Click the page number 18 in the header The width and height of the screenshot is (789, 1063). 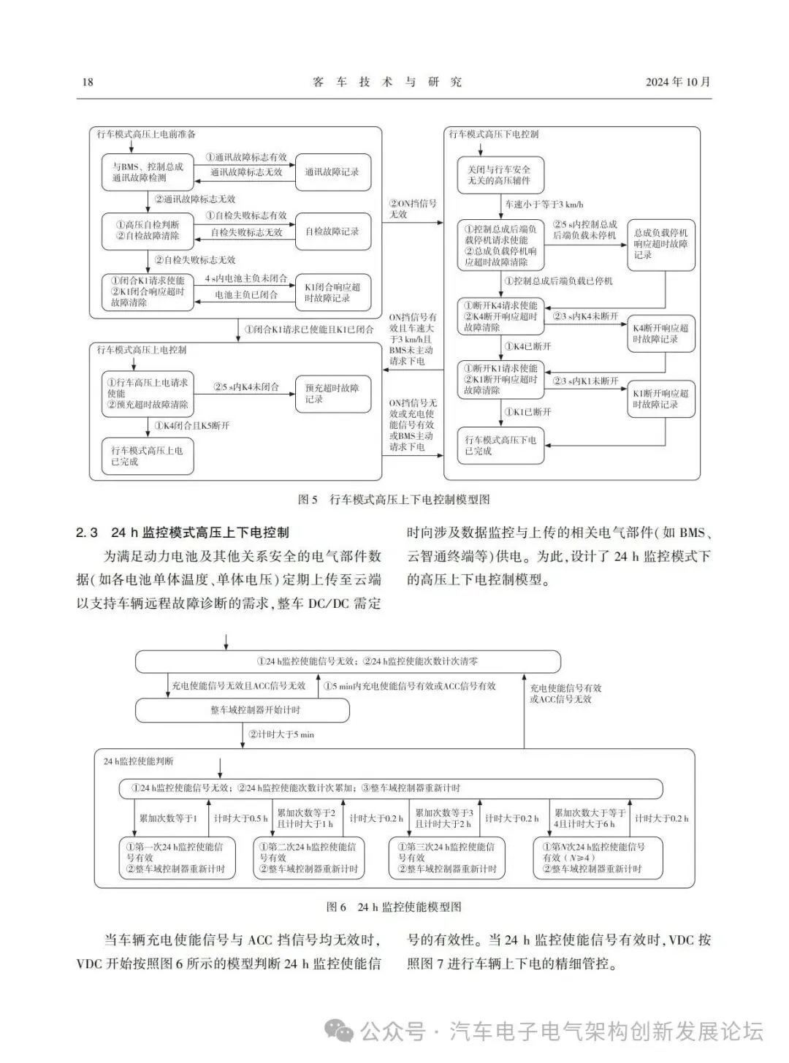(x=88, y=82)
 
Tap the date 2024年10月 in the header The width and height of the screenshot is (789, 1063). (x=677, y=82)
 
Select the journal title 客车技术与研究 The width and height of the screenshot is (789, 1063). (x=387, y=82)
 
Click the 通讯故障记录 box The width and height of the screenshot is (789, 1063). (x=332, y=172)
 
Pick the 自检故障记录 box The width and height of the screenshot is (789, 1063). (x=332, y=232)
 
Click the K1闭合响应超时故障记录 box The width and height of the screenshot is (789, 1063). (x=332, y=292)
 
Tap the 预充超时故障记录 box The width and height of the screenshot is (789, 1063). (x=332, y=394)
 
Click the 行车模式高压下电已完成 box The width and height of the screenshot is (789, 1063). (x=501, y=445)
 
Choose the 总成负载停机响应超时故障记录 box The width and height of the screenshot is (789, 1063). (x=660, y=244)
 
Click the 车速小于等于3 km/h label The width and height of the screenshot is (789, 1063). (x=544, y=205)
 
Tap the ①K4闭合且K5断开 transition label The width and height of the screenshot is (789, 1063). (x=191, y=425)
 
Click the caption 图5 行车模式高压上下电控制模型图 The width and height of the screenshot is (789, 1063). (x=394, y=500)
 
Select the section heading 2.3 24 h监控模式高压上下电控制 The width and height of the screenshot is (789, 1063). (x=182, y=533)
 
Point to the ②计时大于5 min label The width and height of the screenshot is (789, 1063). (x=281, y=734)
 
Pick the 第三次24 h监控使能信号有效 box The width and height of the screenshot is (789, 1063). (x=445, y=858)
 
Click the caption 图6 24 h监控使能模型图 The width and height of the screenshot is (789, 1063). (x=394, y=907)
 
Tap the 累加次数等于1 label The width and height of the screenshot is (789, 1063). (x=168, y=818)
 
